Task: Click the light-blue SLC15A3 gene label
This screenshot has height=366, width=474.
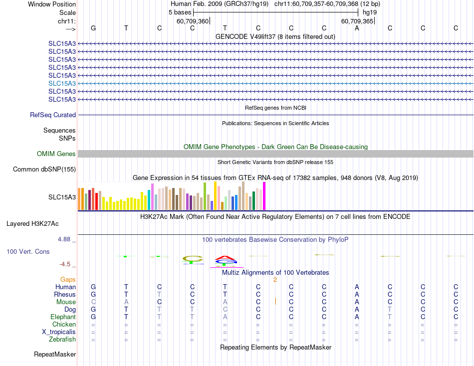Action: (x=62, y=83)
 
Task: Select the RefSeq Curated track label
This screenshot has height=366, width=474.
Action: (x=53, y=115)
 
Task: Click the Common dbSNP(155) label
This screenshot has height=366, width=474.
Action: (x=44, y=170)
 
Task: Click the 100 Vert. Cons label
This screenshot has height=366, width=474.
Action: (x=28, y=252)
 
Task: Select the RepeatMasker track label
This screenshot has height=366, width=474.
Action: (x=55, y=355)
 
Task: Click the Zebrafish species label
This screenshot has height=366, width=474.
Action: (x=63, y=340)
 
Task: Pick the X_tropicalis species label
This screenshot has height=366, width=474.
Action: (x=59, y=332)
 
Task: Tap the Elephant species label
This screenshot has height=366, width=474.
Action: (x=63, y=317)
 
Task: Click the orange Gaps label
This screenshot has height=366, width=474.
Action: (x=68, y=280)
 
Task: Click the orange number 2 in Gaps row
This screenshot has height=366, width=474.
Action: (x=275, y=280)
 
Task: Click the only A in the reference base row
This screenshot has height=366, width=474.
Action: (x=357, y=28)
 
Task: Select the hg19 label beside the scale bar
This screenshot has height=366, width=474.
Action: (x=370, y=11)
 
